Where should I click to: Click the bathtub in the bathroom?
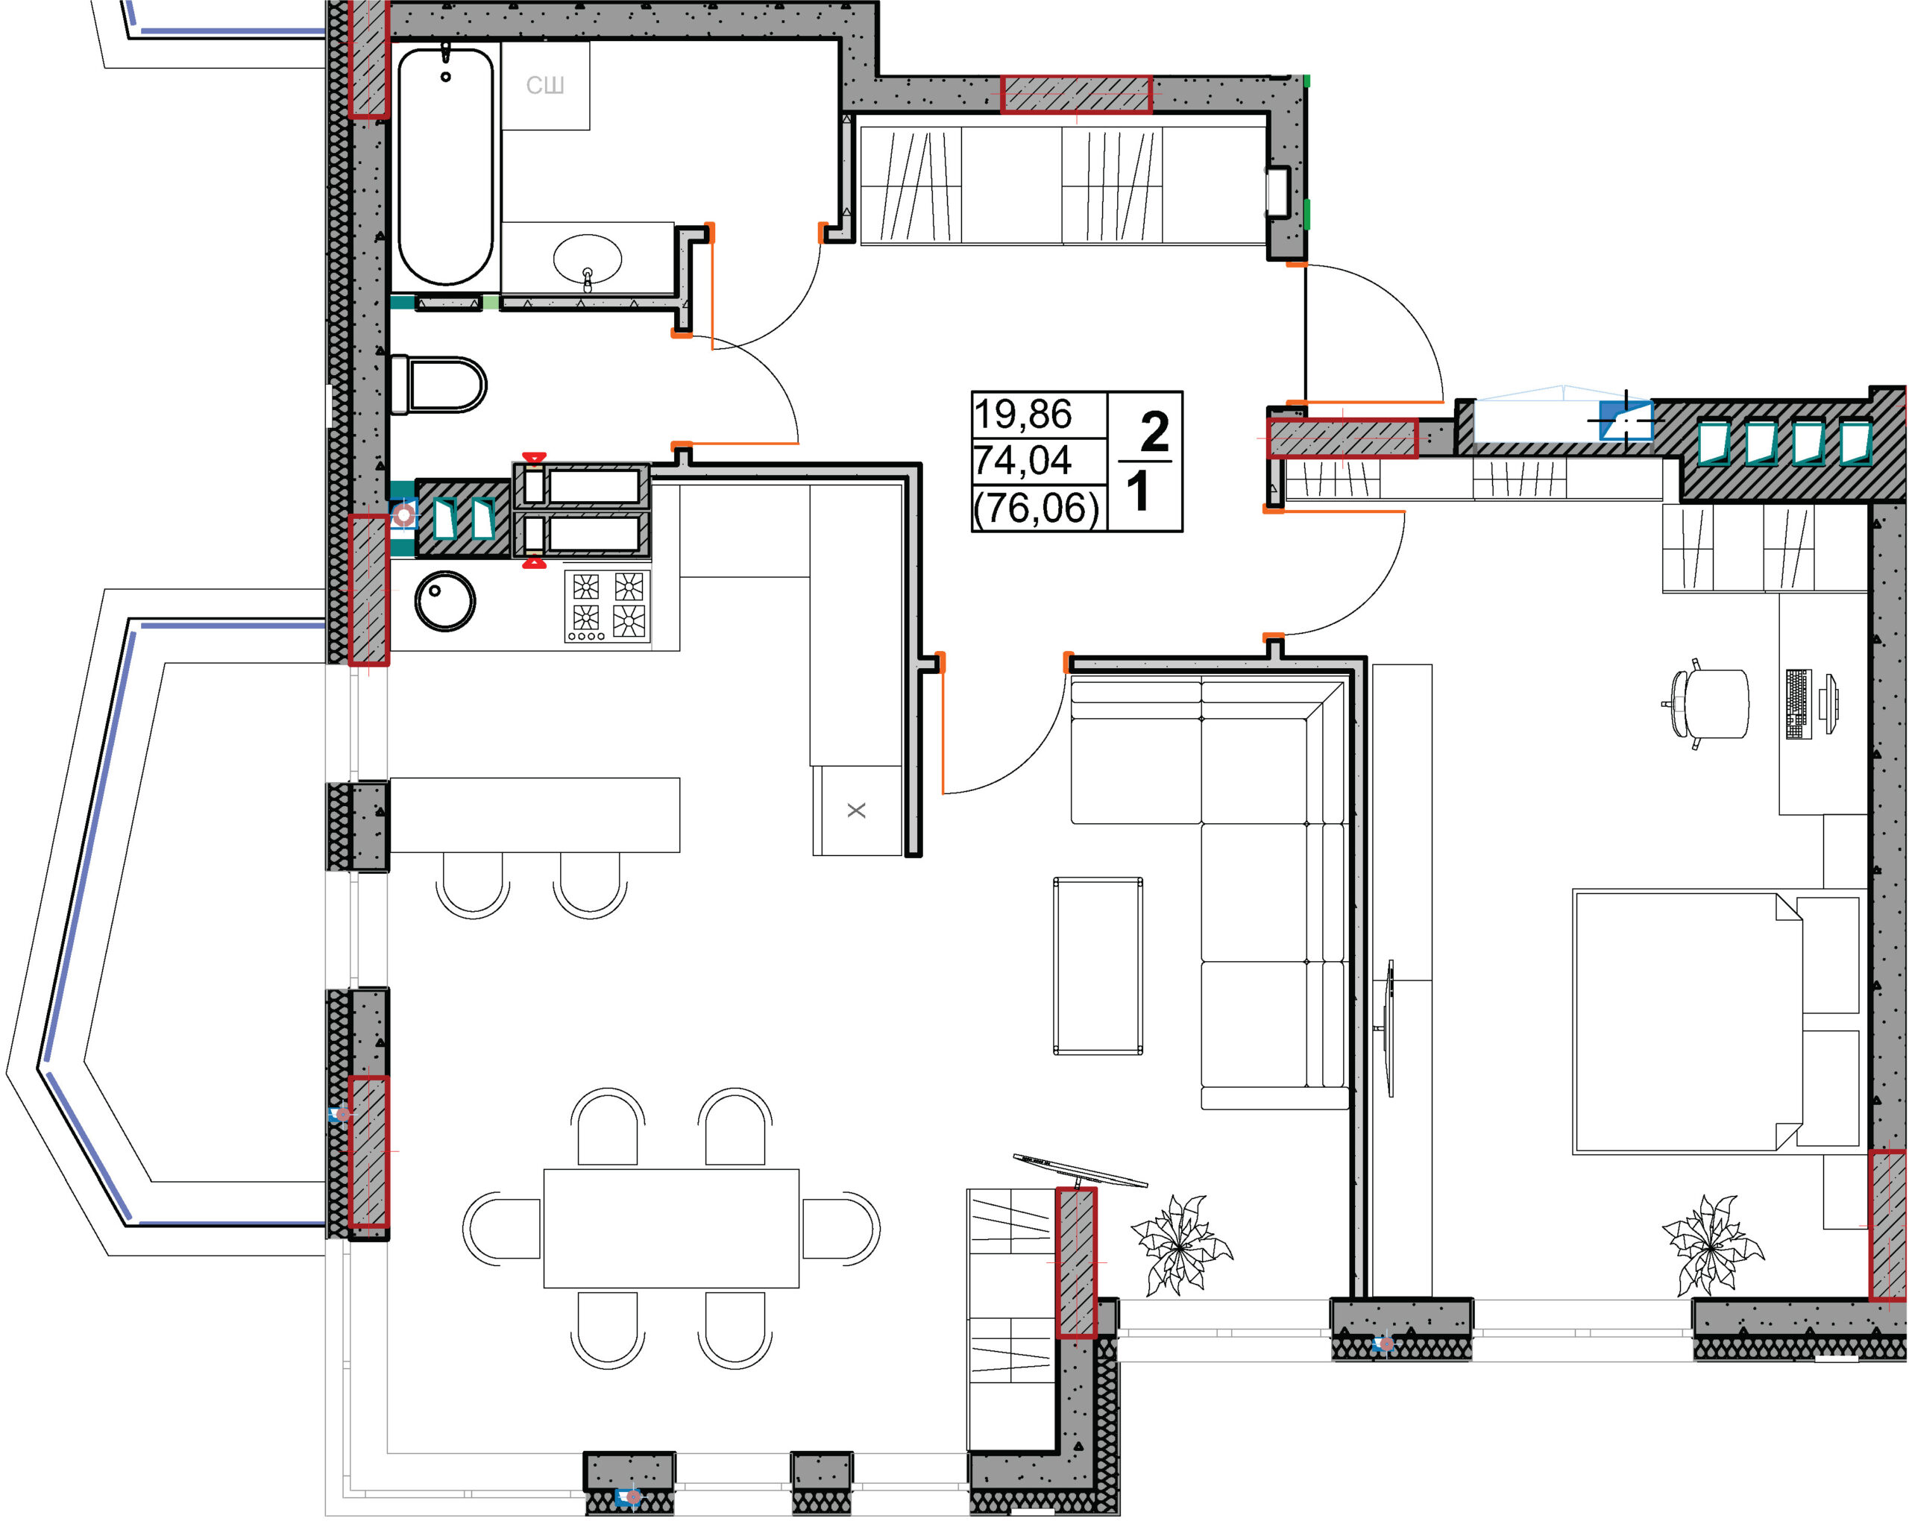pyautogui.click(x=445, y=166)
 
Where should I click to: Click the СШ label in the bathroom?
pyautogui.click(x=545, y=85)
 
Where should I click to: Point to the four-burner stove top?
pyautogui.click(x=608, y=605)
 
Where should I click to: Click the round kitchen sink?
pyautogui.click(x=445, y=601)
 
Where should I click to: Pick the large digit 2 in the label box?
pyautogui.click(x=1154, y=432)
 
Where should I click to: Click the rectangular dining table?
pyautogui.click(x=671, y=1228)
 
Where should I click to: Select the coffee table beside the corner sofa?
pyautogui.click(x=1098, y=966)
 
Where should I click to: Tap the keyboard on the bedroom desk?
pyautogui.click(x=1799, y=704)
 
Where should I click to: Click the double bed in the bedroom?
pyautogui.click(x=1716, y=1023)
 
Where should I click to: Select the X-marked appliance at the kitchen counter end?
pyautogui.click(x=857, y=810)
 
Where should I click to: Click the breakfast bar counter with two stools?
pyautogui.click(x=535, y=814)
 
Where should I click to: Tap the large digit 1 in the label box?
pyautogui.click(x=1138, y=491)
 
